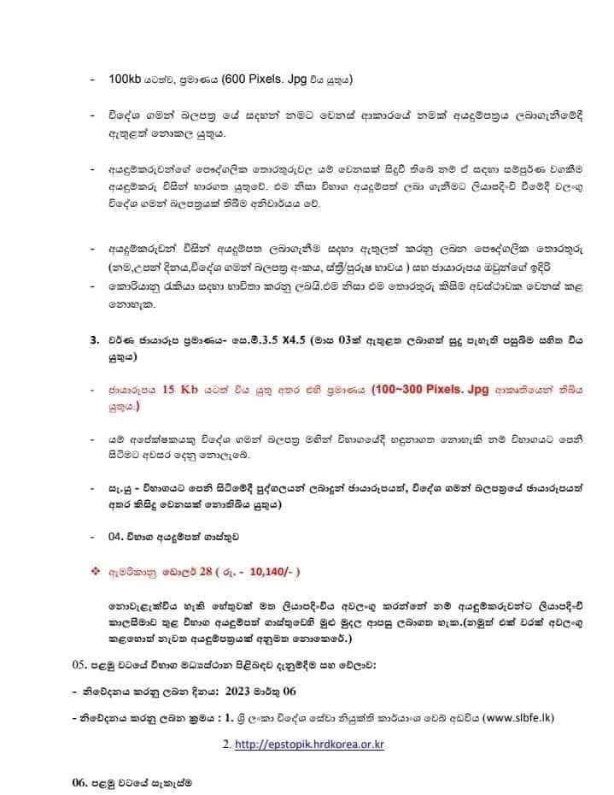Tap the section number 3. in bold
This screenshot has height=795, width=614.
point(94,340)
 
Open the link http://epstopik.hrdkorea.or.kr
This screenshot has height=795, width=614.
point(309,745)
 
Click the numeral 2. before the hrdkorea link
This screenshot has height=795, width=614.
point(225,745)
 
